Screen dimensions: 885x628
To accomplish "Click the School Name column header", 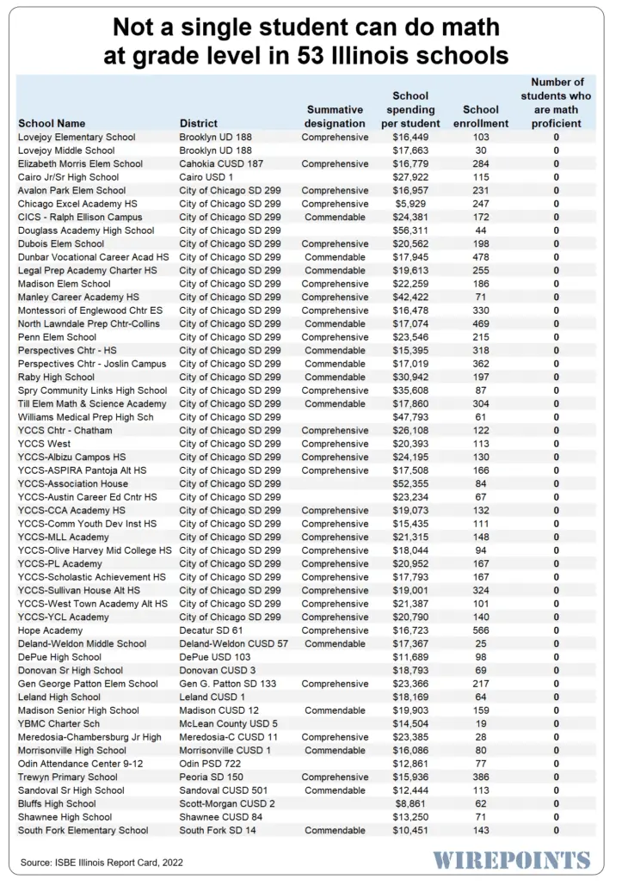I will pyautogui.click(x=52, y=123).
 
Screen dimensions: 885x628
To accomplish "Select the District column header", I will pyautogui.click(x=198, y=123).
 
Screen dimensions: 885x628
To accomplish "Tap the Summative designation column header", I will pyautogui.click(x=335, y=116).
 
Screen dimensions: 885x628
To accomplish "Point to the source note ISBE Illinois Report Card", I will pyautogui.click(x=102, y=862).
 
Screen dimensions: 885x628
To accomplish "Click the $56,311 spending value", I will pyautogui.click(x=410, y=230).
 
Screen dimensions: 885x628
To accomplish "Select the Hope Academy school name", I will pyautogui.click(x=51, y=630).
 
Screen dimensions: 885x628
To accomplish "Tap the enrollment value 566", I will pyautogui.click(x=480, y=630).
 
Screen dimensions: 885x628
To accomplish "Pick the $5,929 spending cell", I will pyautogui.click(x=413, y=204).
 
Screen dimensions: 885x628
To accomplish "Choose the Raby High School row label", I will pyautogui.click(x=56, y=377).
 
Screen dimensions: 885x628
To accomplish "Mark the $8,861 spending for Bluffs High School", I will pyautogui.click(x=413, y=803).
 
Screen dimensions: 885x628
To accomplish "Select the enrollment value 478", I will pyautogui.click(x=480, y=257).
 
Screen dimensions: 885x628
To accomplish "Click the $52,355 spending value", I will pyautogui.click(x=410, y=483).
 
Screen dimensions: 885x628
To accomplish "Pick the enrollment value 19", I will pyautogui.click(x=480, y=723).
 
